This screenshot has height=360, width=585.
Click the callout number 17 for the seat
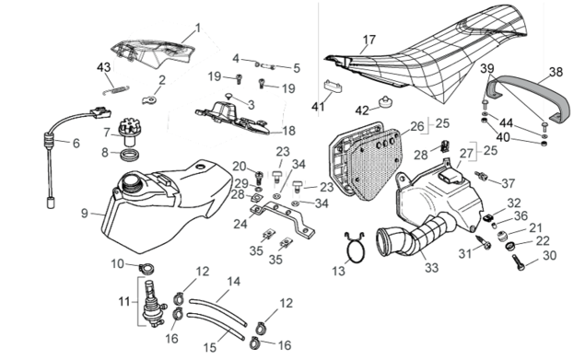coord(369,40)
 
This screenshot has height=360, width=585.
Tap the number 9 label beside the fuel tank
coord(85,213)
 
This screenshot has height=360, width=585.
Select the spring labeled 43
coord(116,90)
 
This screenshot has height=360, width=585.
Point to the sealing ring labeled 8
coord(129,155)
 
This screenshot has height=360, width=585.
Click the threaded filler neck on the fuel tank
coord(130,182)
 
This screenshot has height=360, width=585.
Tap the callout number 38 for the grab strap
coord(556,72)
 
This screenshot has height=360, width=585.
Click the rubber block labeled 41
coord(333,87)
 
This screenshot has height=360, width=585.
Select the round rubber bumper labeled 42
coord(384,102)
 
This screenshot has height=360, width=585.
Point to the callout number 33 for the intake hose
coord(431,267)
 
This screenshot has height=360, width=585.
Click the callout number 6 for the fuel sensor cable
coord(76,143)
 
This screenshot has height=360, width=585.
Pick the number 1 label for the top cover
coord(198,28)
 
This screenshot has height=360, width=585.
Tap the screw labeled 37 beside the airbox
coord(481,175)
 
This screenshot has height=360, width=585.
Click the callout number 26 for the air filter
coord(417,126)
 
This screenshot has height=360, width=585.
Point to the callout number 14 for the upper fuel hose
coord(234,282)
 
